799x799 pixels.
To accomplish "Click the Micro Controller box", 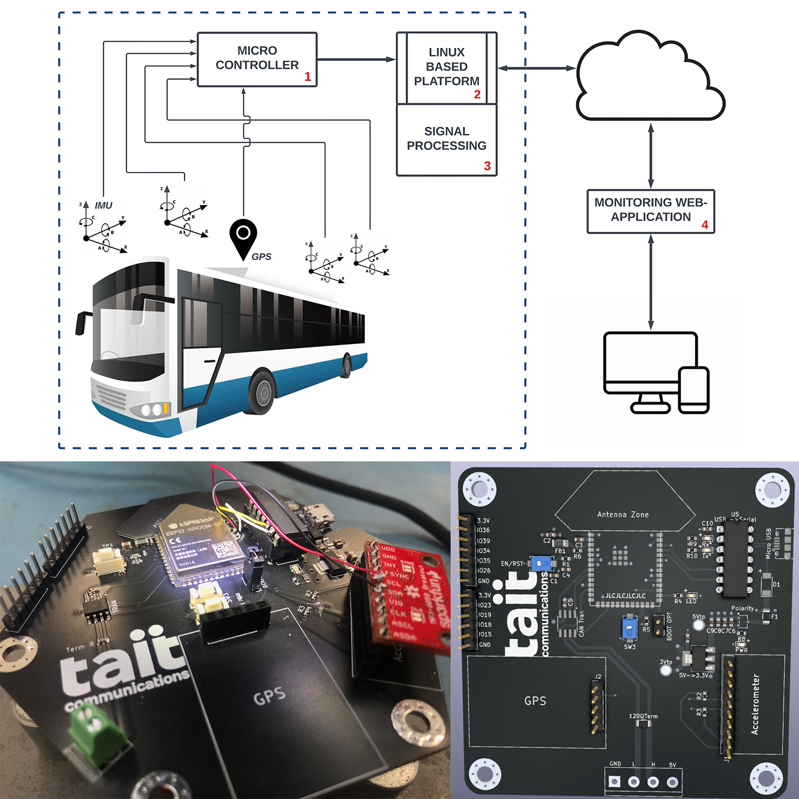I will [257, 60].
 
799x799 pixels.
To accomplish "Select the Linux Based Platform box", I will [446, 68].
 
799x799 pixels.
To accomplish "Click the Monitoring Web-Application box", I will [650, 211].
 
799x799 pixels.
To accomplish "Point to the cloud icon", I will [650, 77].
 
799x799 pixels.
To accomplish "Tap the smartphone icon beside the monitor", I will [694, 389].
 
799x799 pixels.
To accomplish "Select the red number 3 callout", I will [487, 166].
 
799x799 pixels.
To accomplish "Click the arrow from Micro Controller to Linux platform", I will [356, 60].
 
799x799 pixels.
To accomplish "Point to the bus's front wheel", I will [261, 392].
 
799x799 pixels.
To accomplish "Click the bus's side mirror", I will [81, 323].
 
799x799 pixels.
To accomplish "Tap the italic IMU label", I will [103, 206].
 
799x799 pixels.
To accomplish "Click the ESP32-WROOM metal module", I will [202, 543].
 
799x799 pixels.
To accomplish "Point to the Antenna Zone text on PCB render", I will [623, 515].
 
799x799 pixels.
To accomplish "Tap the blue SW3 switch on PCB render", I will [629, 629].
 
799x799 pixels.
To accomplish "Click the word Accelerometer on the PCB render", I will [755, 705].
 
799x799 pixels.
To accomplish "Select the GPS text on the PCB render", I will [535, 701].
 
